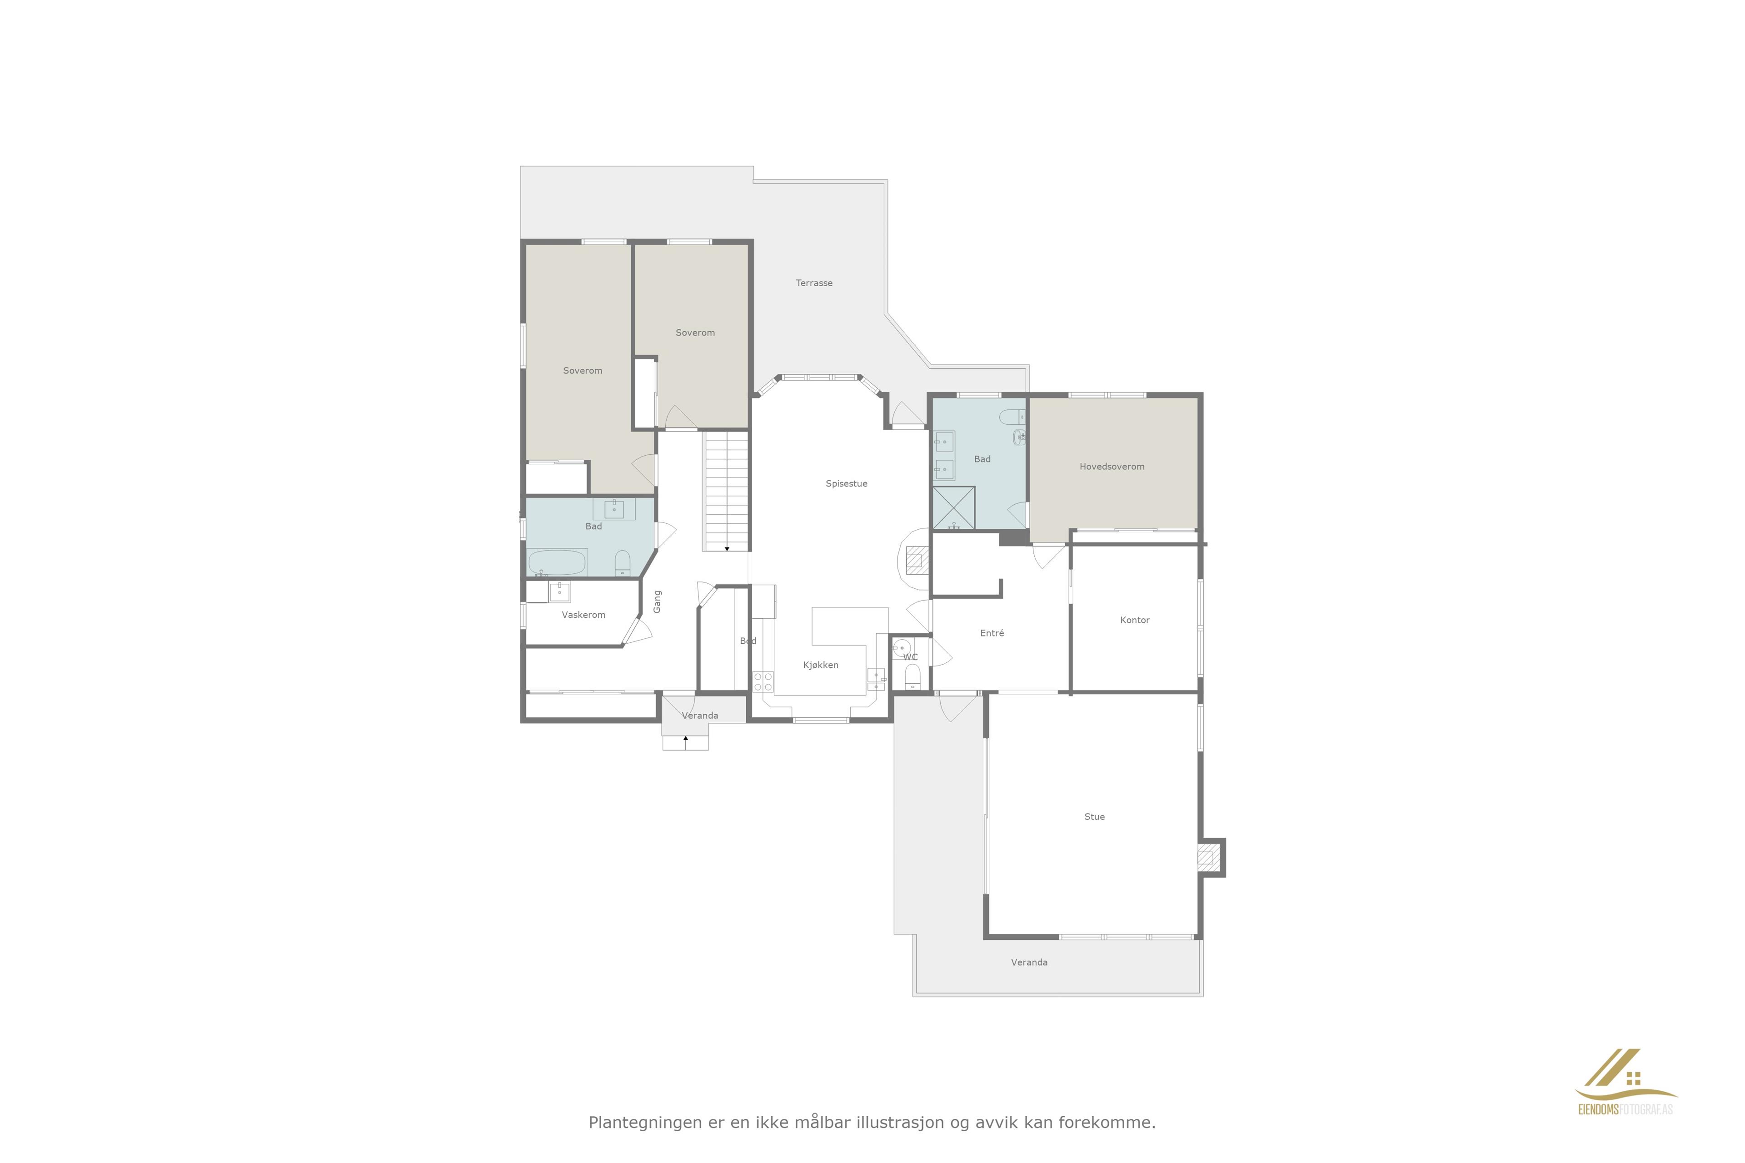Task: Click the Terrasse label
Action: pyautogui.click(x=814, y=283)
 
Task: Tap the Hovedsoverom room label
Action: pyautogui.click(x=1112, y=467)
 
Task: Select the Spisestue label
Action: pyautogui.click(x=846, y=483)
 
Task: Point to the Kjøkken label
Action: pyautogui.click(x=821, y=665)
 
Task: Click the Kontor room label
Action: pyautogui.click(x=1134, y=620)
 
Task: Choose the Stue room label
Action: pyautogui.click(x=1094, y=817)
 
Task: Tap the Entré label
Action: pyautogui.click(x=992, y=633)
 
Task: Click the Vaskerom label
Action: pyautogui.click(x=583, y=615)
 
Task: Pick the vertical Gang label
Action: pyautogui.click(x=657, y=601)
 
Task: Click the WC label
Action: pyautogui.click(x=910, y=657)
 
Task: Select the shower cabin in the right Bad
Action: pyautogui.click(x=953, y=508)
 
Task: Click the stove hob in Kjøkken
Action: pyautogui.click(x=763, y=681)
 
